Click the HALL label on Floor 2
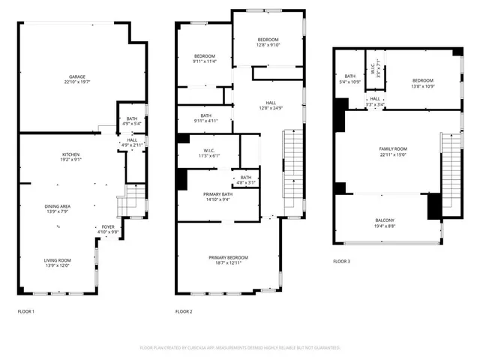pyautogui.click(x=271, y=105)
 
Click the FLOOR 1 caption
pyautogui.click(x=26, y=311)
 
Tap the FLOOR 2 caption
pyautogui.click(x=184, y=311)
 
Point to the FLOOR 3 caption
pyautogui.click(x=341, y=262)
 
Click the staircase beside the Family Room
pyautogui.click(x=450, y=169)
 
